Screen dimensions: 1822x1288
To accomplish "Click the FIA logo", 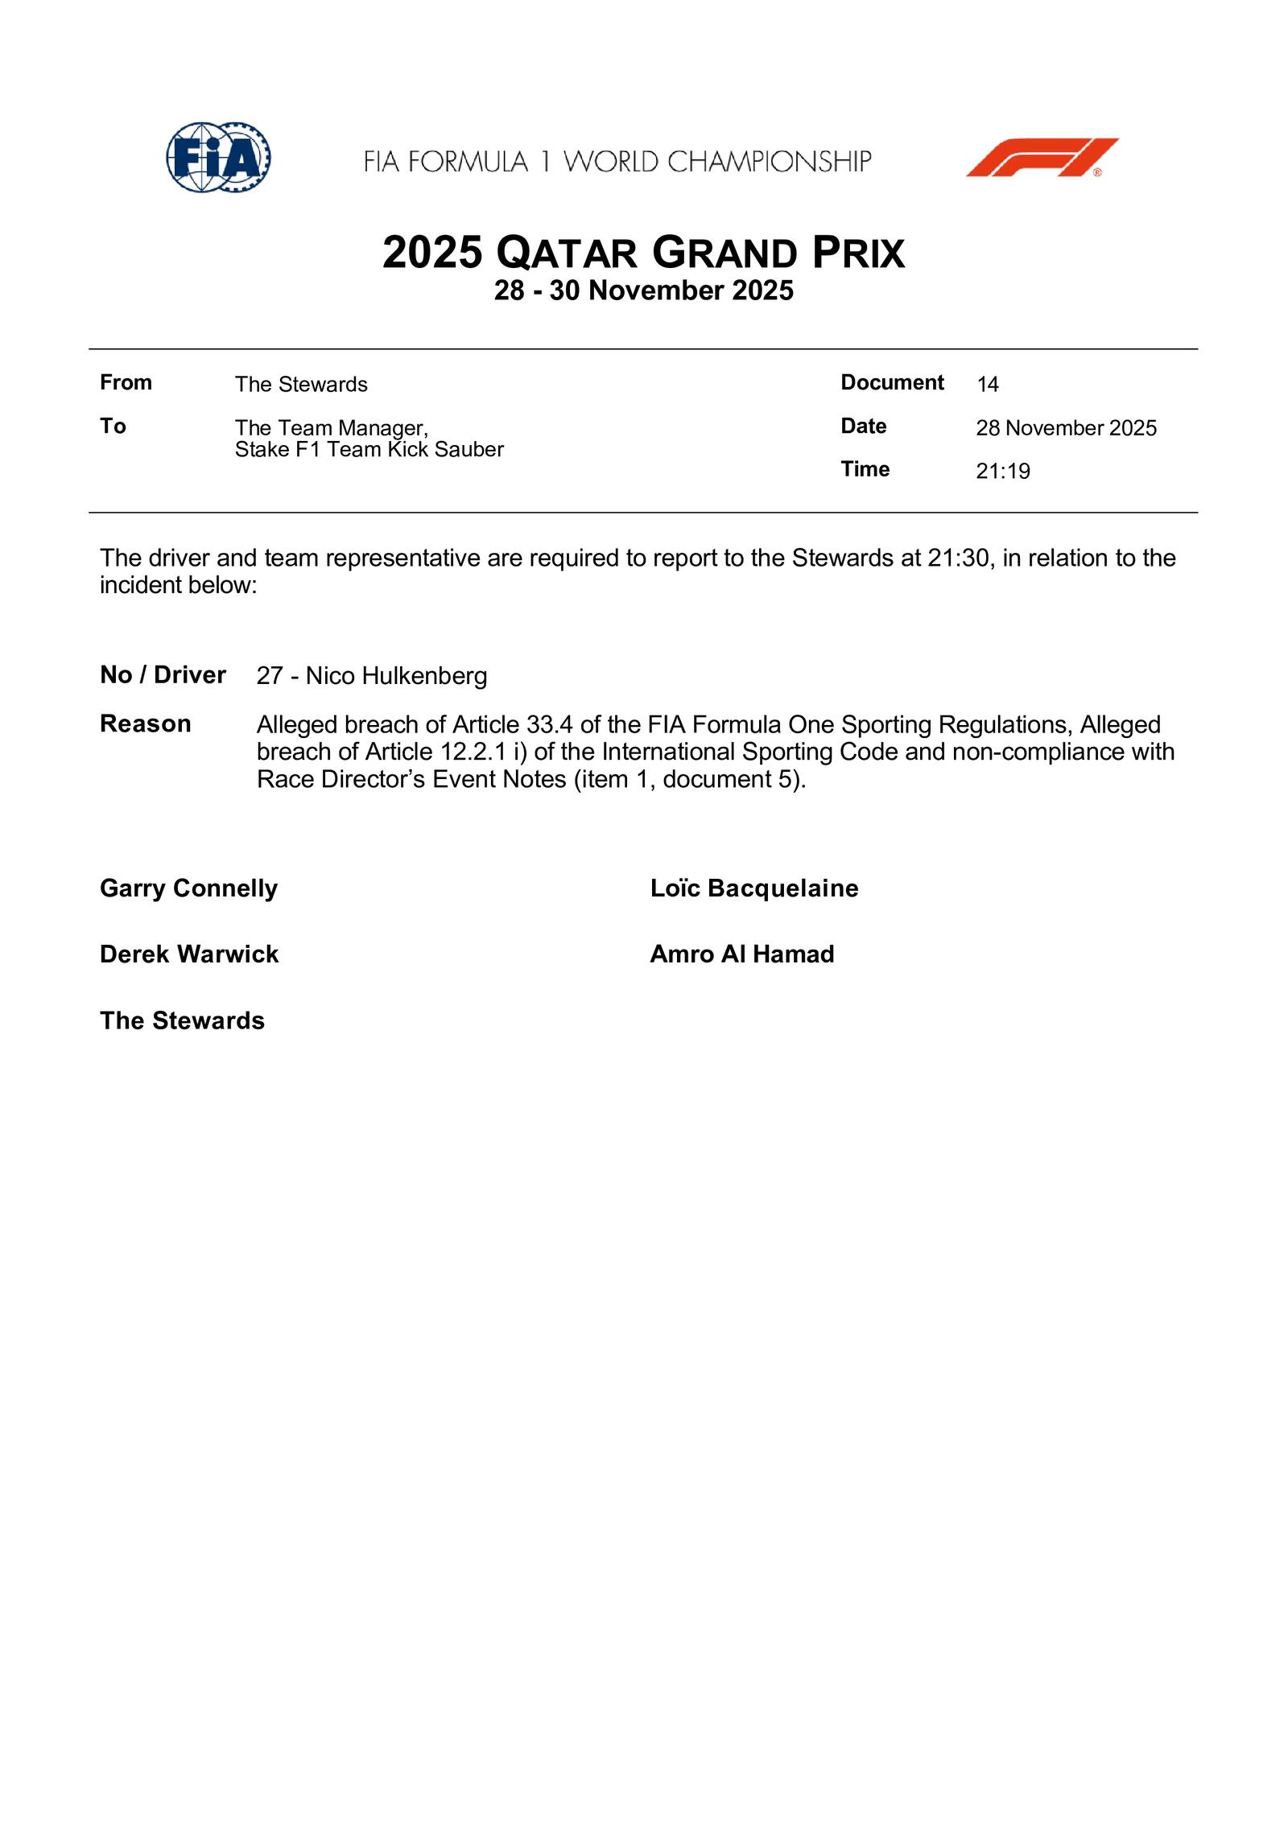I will (x=218, y=158).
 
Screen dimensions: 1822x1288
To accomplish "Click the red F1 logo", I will (x=1042, y=158).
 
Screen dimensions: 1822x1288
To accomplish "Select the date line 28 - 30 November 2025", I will (x=643, y=291).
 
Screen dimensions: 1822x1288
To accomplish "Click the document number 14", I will (x=987, y=385).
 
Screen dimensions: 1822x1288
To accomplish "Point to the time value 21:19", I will (x=1002, y=472).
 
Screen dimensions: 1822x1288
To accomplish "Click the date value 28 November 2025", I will (x=1066, y=428).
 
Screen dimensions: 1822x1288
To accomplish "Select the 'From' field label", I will (x=126, y=382).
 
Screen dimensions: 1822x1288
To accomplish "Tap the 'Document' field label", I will (x=892, y=382).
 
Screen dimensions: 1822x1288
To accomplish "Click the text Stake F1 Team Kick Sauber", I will (x=369, y=449).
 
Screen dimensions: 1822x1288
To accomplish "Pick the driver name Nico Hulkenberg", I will (x=396, y=676).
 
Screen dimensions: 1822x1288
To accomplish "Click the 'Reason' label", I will (x=145, y=724).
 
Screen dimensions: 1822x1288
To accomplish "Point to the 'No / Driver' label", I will (x=163, y=675).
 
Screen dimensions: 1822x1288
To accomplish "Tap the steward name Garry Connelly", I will (x=188, y=888).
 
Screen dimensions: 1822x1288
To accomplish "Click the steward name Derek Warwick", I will (x=188, y=954).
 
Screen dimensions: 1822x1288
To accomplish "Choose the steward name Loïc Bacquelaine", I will (x=753, y=888).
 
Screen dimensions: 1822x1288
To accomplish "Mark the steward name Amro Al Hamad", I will (x=741, y=954).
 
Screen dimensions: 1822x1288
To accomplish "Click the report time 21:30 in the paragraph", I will (x=957, y=558).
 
